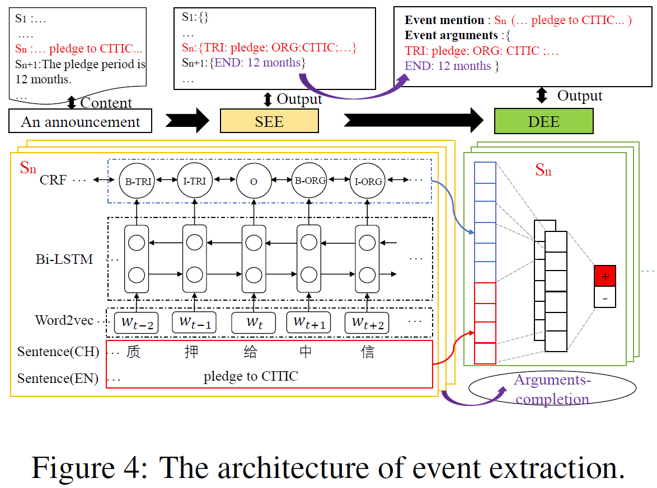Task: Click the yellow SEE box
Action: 269,121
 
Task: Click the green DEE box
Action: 543,121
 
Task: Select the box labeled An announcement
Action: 80,121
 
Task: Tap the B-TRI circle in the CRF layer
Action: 136,181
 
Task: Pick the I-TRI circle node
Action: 195,181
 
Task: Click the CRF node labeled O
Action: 254,181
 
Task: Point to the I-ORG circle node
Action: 368,181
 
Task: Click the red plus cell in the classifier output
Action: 604,276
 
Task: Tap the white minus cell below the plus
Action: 604,297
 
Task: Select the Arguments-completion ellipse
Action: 552,390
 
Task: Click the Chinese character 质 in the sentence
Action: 133,352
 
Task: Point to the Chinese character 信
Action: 368,352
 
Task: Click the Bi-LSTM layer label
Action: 64,259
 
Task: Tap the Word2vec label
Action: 65,320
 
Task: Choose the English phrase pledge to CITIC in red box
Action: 251,376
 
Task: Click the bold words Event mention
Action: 444,20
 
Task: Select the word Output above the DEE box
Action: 579,96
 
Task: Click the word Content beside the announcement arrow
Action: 106,103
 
